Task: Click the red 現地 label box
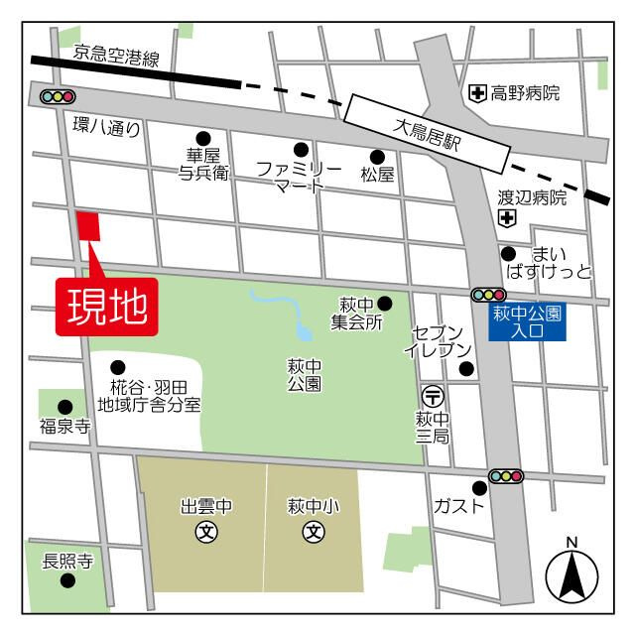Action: click(106, 306)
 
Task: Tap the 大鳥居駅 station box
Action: click(428, 134)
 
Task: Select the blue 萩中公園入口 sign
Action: click(527, 321)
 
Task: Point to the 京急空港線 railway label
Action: click(116, 58)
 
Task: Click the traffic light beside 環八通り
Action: click(59, 97)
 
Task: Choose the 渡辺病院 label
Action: click(532, 198)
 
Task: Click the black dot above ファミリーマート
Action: click(301, 149)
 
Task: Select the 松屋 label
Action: click(377, 176)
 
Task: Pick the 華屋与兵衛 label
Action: click(203, 164)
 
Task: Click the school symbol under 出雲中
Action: click(206, 532)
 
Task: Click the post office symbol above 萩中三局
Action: click(433, 395)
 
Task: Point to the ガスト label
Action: click(459, 506)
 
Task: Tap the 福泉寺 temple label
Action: click(64, 427)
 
